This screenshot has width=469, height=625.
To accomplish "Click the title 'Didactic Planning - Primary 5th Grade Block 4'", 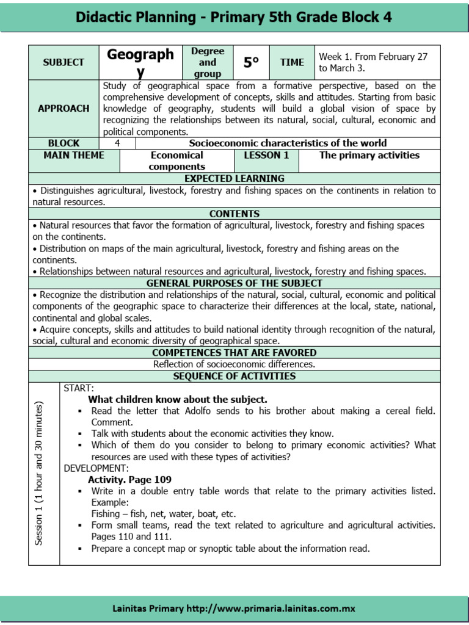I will pyautogui.click(x=234, y=16).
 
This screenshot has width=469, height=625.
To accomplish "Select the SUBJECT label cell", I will pyautogui.click(x=64, y=63).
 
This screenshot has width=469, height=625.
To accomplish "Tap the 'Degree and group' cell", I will pyautogui.click(x=207, y=62).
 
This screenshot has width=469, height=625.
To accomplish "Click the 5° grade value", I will pyautogui.click(x=251, y=62).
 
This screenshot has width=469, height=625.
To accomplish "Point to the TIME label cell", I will pyautogui.click(x=292, y=62).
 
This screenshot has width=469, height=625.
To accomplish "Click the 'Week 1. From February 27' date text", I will pyautogui.click(x=372, y=57).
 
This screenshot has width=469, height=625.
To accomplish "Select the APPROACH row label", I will pyautogui.click(x=64, y=109).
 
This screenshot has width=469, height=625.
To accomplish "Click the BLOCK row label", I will pyautogui.click(x=64, y=143).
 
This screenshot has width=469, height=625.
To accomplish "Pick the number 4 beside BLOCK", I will pyautogui.click(x=117, y=143).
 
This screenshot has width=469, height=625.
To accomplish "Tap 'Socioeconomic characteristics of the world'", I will pyautogui.click(x=288, y=143).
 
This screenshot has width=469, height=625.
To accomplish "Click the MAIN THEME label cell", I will pyautogui.click(x=74, y=156).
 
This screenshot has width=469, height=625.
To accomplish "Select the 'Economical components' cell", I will pyautogui.click(x=177, y=161).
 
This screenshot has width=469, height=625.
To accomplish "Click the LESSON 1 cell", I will pyautogui.click(x=266, y=156).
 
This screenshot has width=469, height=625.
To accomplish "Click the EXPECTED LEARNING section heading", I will pyautogui.click(x=234, y=179).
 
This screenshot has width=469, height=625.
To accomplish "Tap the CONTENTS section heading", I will pyautogui.click(x=234, y=214).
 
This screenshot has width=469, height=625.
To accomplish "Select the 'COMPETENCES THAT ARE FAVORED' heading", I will pyautogui.click(x=234, y=353).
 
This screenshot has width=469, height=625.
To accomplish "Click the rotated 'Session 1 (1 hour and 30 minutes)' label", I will pyautogui.click(x=40, y=473).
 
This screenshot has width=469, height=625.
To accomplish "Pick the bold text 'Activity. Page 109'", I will pyautogui.click(x=129, y=480).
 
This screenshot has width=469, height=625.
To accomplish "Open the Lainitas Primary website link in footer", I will pyautogui.click(x=234, y=609).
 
